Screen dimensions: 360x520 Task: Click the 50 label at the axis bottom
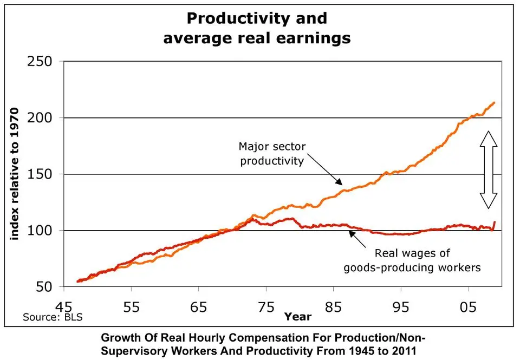[x=45, y=287]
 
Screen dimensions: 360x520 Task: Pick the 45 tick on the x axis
[x=64, y=306]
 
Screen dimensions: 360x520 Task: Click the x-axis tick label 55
[x=131, y=306]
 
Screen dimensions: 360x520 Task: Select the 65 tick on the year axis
[x=199, y=306]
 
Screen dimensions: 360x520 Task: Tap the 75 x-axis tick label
[x=266, y=306]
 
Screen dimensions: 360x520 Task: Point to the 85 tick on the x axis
[x=334, y=306]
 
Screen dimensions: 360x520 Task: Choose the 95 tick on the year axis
[x=401, y=306]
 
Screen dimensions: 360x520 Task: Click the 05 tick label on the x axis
[x=469, y=306]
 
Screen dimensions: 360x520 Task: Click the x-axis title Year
[x=298, y=316]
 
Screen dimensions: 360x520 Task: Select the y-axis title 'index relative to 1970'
[x=15, y=173]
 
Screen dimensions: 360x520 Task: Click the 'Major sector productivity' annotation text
[x=272, y=154]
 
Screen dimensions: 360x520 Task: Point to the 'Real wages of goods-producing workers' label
[x=412, y=260]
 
